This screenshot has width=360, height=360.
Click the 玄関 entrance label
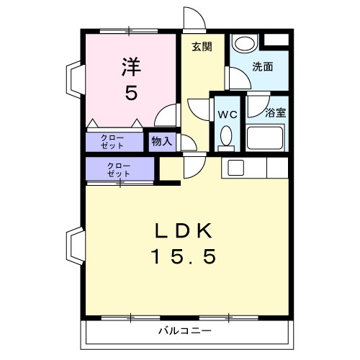pyautogui.click(x=202, y=48)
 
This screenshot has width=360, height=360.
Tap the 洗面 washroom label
pyautogui.click(x=262, y=67)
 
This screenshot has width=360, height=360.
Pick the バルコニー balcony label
pyautogui.click(x=184, y=331)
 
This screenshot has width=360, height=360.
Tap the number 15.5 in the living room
pyautogui.click(x=184, y=256)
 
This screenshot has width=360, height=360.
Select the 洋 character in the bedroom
pyautogui.click(x=130, y=67)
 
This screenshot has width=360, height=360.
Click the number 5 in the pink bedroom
pyautogui.click(x=130, y=92)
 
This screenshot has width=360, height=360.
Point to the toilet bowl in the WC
pyautogui.click(x=225, y=136)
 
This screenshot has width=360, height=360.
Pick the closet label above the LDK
pyautogui.click(x=119, y=170)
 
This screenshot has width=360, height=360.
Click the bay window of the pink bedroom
pyautogui.click(x=74, y=79)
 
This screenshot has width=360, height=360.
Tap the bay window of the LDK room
pyautogui.click(x=74, y=245)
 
